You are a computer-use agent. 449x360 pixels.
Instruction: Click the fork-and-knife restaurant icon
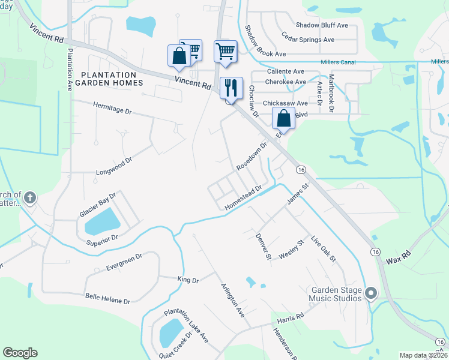(231, 88)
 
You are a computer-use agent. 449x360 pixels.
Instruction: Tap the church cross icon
(31, 197)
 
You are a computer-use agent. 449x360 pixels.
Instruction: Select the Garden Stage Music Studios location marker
(371, 293)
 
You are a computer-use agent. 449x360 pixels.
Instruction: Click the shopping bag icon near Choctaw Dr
(284, 118)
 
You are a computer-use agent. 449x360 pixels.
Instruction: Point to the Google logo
(20, 353)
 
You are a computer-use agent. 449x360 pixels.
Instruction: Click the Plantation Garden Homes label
(108, 79)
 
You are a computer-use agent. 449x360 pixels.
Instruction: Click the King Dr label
(187, 280)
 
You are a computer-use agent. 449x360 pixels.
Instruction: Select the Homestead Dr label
(244, 197)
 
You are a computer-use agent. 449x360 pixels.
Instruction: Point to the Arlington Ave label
(232, 300)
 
